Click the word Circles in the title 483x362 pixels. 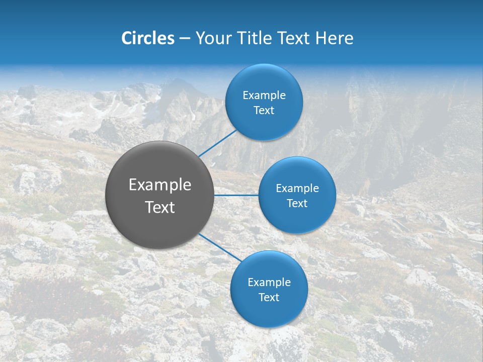[147, 38]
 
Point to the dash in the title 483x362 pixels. [185, 39]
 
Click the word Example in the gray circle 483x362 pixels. [160, 185]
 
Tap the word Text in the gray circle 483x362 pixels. [160, 207]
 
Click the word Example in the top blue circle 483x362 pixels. [264, 96]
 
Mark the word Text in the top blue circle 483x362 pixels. [264, 111]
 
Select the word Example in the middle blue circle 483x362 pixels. [297, 189]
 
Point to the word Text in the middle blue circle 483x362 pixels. [297, 204]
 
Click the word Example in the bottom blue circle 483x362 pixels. [269, 282]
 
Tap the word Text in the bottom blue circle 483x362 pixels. [269, 297]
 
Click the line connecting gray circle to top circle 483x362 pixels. [217, 142]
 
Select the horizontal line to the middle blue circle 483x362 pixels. [236, 195]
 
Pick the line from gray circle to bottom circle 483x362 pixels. [220, 247]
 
